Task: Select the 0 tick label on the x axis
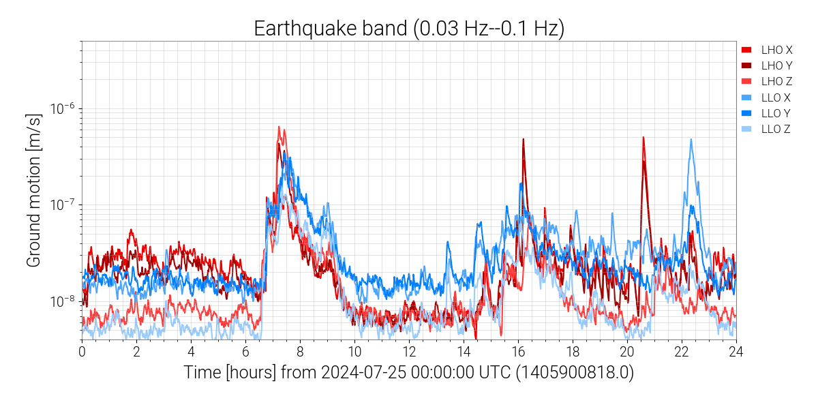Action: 82,352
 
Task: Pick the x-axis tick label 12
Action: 409,352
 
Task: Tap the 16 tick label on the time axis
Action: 518,352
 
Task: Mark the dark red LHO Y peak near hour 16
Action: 524,140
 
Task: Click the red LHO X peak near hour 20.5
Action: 643,138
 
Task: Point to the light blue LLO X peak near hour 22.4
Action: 691,140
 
